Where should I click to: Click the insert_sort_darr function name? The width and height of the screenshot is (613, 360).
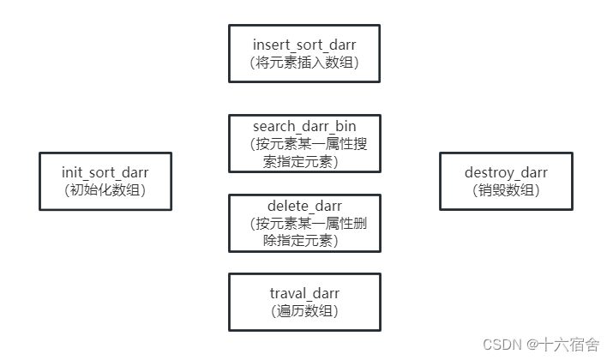pyautogui.click(x=304, y=44)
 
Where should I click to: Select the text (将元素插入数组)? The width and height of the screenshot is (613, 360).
pyautogui.click(x=304, y=62)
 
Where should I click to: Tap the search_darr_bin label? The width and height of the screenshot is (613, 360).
pyautogui.click(x=304, y=126)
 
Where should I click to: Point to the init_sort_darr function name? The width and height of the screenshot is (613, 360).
pyautogui.click(x=105, y=172)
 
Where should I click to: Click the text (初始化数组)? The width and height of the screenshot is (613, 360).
pyautogui.click(x=105, y=190)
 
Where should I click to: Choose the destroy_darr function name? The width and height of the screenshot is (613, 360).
pyautogui.click(x=506, y=172)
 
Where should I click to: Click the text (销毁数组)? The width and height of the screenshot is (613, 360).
pyautogui.click(x=506, y=190)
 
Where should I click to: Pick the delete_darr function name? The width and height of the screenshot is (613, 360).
pyautogui.click(x=304, y=206)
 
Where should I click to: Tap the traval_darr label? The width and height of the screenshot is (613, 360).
pyautogui.click(x=304, y=293)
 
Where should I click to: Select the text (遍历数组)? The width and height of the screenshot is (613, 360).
pyautogui.click(x=304, y=311)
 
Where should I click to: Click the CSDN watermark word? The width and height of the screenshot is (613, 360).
pyautogui.click(x=502, y=344)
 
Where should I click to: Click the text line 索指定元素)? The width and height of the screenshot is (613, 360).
pyautogui.click(x=300, y=161)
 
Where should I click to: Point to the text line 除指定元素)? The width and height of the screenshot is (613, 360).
pyautogui.click(x=300, y=241)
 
